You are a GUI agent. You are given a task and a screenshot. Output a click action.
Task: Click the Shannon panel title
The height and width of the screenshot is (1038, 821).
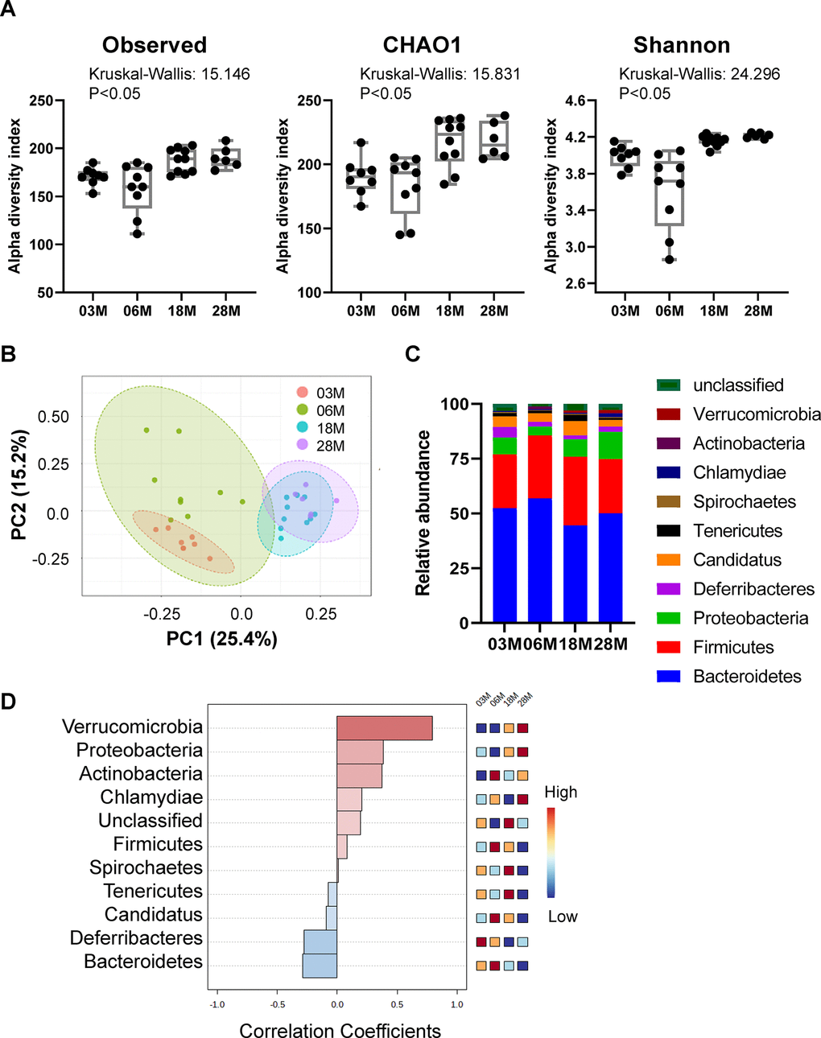681,45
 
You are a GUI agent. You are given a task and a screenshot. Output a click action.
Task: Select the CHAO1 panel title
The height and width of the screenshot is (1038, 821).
422,45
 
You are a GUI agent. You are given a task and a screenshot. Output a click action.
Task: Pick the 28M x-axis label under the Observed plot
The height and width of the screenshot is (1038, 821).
226,311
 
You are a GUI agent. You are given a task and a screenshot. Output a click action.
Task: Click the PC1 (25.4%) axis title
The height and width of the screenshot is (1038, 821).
221,639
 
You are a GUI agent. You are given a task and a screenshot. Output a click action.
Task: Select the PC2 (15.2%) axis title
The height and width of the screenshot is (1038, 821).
19,485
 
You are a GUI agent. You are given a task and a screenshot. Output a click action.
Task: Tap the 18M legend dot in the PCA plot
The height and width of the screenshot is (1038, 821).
302,428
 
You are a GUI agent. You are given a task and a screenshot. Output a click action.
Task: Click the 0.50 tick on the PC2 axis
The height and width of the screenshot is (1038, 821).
54,417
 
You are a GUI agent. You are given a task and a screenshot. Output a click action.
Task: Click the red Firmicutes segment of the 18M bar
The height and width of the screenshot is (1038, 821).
576,491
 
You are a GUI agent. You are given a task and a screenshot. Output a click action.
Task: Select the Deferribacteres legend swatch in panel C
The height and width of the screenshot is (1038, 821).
669,589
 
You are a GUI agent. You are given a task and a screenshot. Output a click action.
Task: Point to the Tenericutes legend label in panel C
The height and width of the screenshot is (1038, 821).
737,531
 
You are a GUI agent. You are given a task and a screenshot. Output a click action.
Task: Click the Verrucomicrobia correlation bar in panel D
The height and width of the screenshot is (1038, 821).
384,728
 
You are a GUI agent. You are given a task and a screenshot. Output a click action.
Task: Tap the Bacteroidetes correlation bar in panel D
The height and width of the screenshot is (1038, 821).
320,965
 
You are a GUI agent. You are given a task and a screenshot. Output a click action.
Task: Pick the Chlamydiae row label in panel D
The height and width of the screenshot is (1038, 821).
151,797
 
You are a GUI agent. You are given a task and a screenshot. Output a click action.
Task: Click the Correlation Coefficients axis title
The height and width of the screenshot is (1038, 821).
340,1031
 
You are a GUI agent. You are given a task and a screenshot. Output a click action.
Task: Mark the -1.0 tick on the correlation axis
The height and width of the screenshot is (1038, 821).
217,1004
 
